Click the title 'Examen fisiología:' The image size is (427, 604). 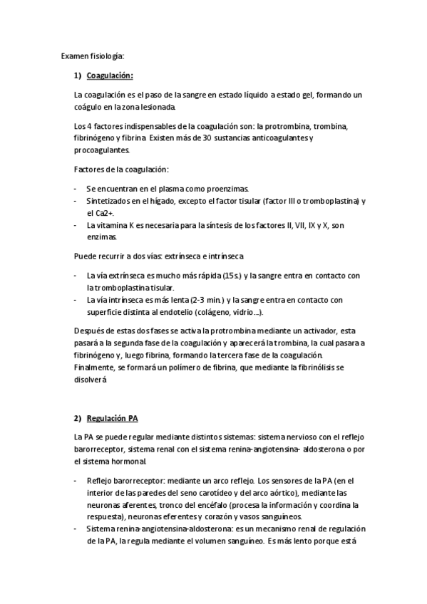point(93,55)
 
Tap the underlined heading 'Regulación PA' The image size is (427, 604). point(112,417)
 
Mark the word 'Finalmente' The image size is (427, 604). point(96,368)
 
